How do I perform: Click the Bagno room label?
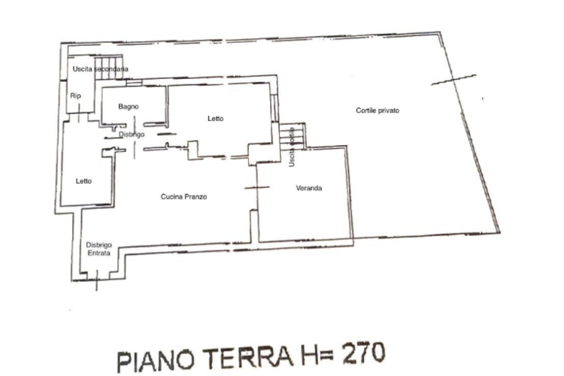pos(128,106)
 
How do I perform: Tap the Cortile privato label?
pos(377,111)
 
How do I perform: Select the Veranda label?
pos(309,188)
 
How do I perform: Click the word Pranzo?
pos(195,197)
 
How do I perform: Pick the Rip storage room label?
pos(75,96)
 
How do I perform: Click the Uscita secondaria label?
pos(100,69)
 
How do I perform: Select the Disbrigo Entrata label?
pos(99,249)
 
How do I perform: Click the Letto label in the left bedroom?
pos(83,180)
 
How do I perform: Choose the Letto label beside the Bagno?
pos(216,119)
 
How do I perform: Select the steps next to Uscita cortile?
pos(292,135)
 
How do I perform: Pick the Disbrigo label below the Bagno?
pos(132,135)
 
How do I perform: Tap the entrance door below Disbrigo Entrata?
pos(96,284)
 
